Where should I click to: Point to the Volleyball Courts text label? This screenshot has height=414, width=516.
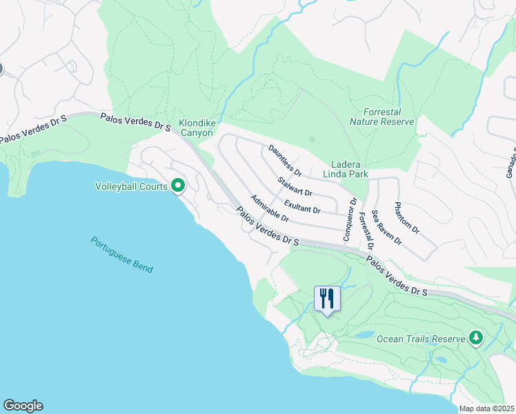131,186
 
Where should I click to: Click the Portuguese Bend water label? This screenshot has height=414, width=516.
121,255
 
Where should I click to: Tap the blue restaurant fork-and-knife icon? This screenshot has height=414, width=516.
327,298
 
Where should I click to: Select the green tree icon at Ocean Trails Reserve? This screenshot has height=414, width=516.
475,338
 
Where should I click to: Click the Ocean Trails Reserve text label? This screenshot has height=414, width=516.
421,339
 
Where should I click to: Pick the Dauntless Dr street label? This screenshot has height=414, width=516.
285,159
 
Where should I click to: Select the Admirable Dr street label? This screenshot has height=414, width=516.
270,208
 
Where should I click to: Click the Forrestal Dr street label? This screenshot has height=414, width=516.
366,231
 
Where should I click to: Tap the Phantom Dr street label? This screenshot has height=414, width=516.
406,217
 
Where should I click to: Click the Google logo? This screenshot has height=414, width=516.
23,406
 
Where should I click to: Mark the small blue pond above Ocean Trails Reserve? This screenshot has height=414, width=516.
364,335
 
